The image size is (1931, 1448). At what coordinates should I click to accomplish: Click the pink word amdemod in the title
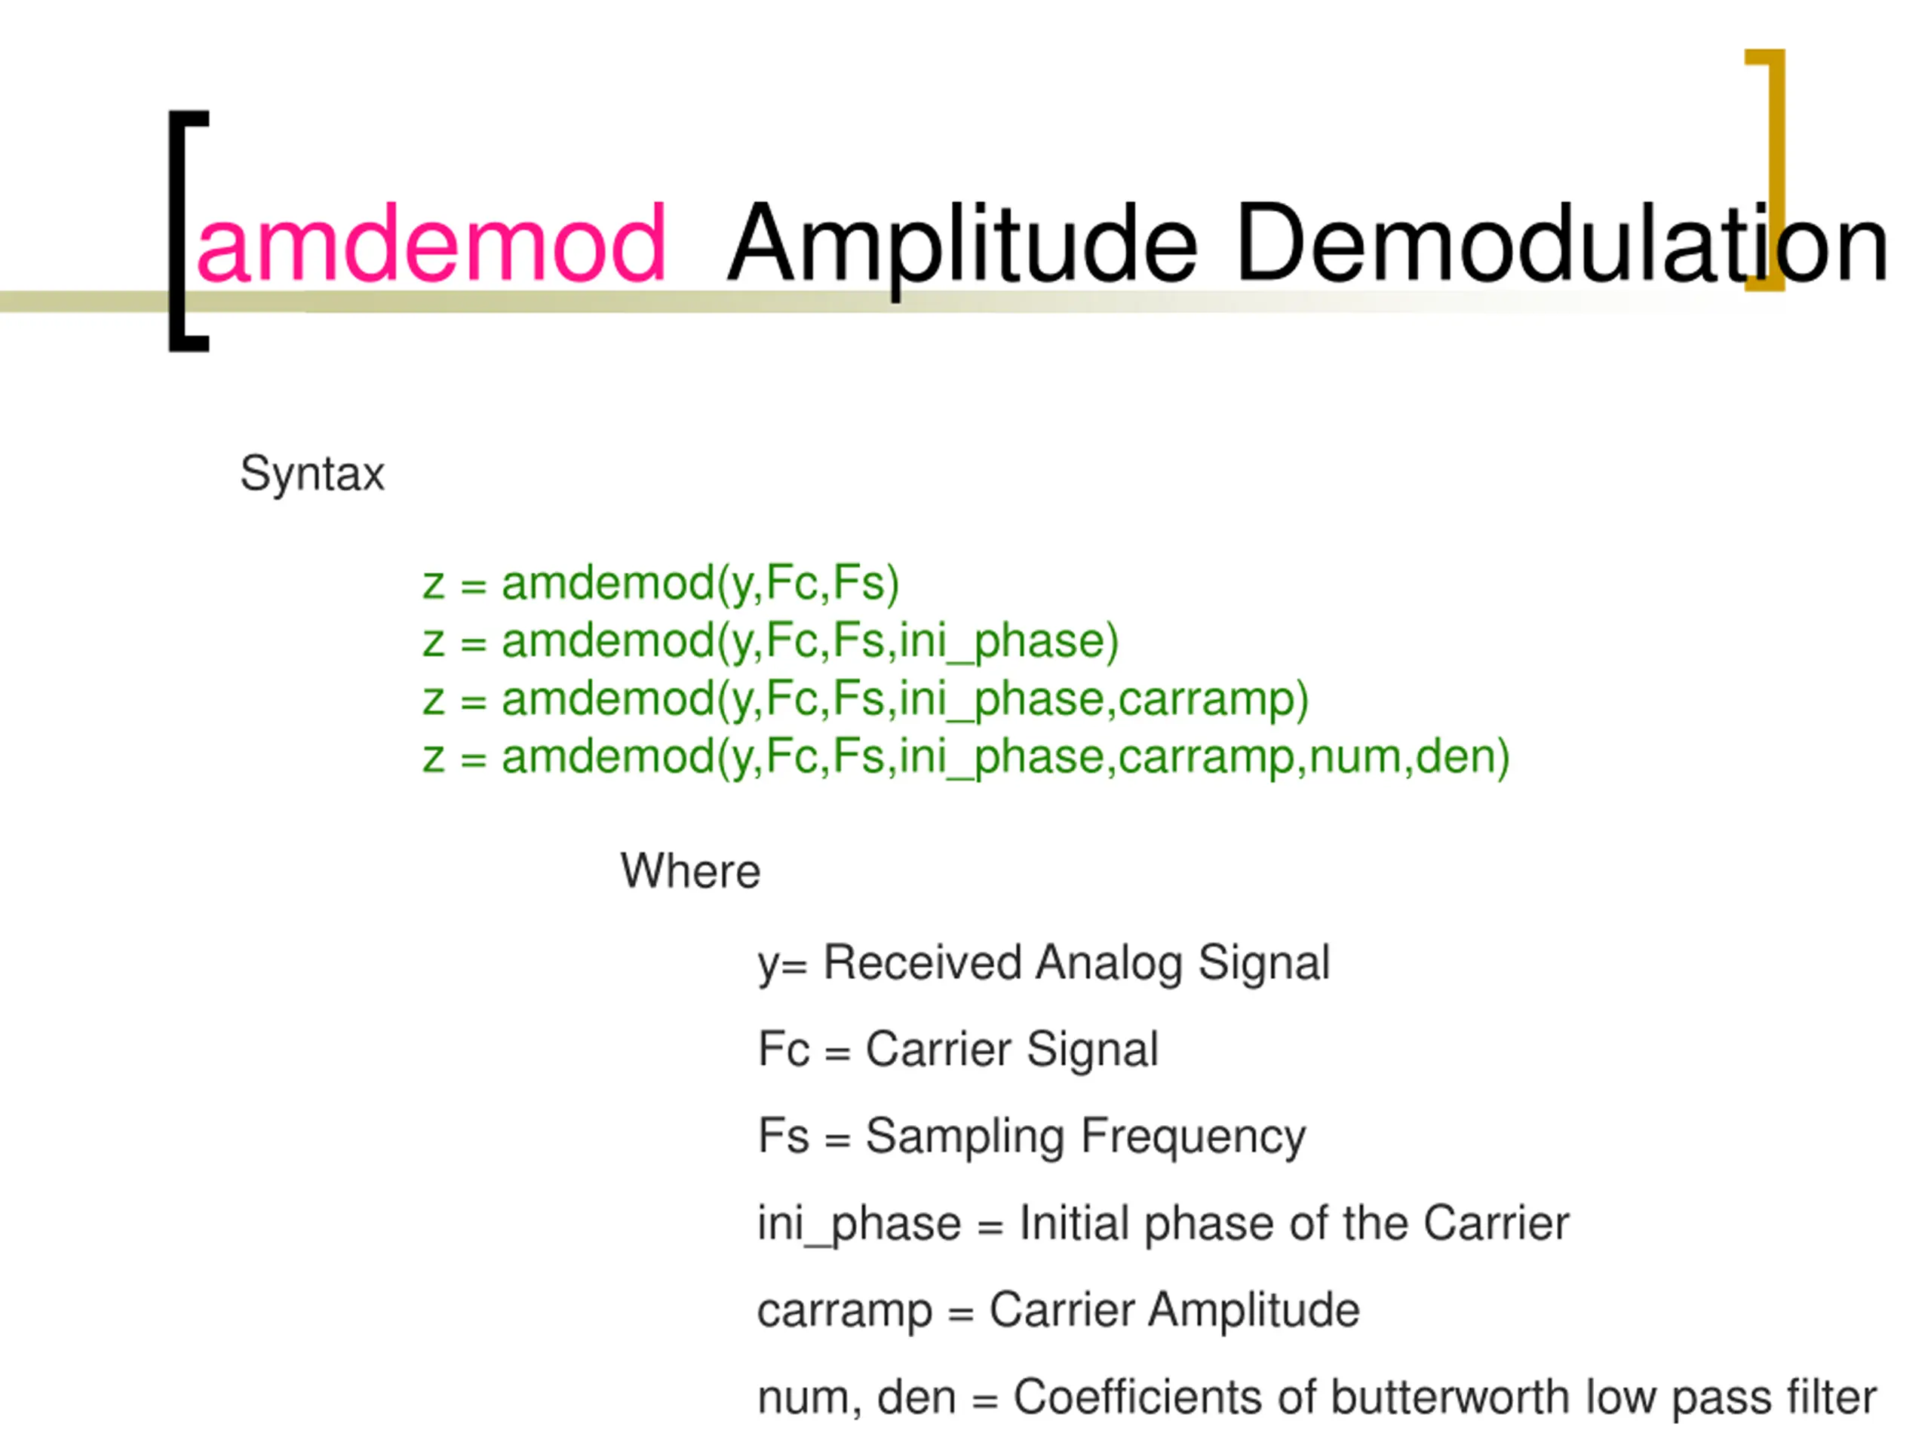point(431,244)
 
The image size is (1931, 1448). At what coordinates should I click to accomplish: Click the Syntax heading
point(312,474)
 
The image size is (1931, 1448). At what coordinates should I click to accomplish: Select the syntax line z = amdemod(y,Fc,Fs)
point(660,583)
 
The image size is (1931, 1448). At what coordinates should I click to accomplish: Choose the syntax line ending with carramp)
point(865,699)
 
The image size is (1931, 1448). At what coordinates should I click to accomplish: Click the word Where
point(689,871)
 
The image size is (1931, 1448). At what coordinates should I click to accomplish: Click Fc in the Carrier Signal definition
point(783,1049)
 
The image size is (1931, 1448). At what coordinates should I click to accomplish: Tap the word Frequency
point(1193,1137)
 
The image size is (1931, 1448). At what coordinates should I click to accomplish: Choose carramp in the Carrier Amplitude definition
point(844,1311)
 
